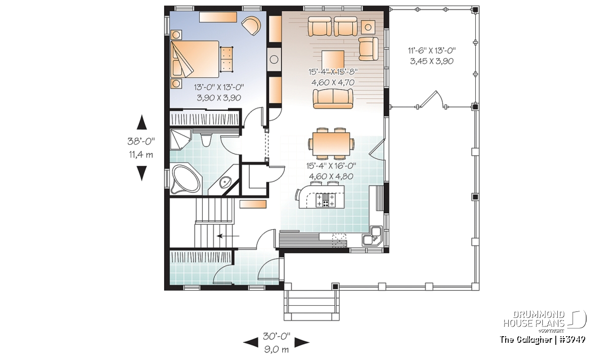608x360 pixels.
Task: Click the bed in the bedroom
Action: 195,59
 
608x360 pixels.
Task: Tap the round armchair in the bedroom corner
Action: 251,26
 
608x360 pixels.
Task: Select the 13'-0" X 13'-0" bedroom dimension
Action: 219,87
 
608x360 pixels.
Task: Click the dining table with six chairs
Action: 331,144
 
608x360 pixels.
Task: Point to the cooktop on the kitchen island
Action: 326,200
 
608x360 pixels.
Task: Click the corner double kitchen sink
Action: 372,236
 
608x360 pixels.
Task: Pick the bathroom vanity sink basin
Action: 225,183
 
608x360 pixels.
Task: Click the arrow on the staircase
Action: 227,236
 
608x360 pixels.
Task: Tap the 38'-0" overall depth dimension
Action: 141,141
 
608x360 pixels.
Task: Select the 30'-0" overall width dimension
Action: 277,336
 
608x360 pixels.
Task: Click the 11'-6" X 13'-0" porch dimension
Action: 432,51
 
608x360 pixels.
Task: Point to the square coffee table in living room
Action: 333,60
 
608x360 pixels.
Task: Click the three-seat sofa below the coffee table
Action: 333,99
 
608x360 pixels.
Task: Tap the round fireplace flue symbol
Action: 274,59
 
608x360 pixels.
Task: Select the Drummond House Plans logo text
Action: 534,319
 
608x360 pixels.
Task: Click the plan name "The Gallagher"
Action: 525,340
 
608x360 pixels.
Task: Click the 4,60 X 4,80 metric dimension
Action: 331,176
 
